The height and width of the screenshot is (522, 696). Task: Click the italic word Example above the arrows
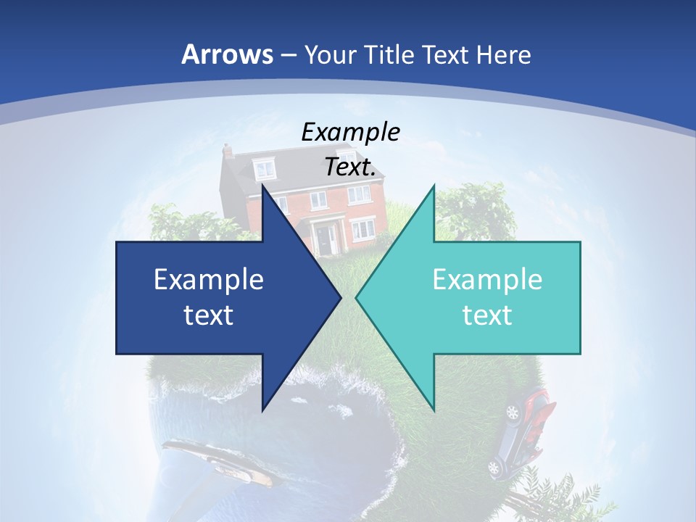[x=350, y=132]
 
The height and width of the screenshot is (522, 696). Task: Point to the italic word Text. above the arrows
[x=350, y=167]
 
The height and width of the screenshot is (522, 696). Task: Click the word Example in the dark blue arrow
[x=209, y=279]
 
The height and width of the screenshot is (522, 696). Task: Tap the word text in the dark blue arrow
[x=209, y=315]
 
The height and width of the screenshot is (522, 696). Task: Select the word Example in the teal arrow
[x=487, y=279]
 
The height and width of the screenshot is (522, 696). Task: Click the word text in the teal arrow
[x=487, y=315]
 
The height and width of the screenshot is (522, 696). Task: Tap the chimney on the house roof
[x=228, y=151]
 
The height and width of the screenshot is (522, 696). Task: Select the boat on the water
[x=217, y=460]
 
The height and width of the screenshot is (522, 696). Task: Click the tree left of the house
[x=181, y=221]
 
